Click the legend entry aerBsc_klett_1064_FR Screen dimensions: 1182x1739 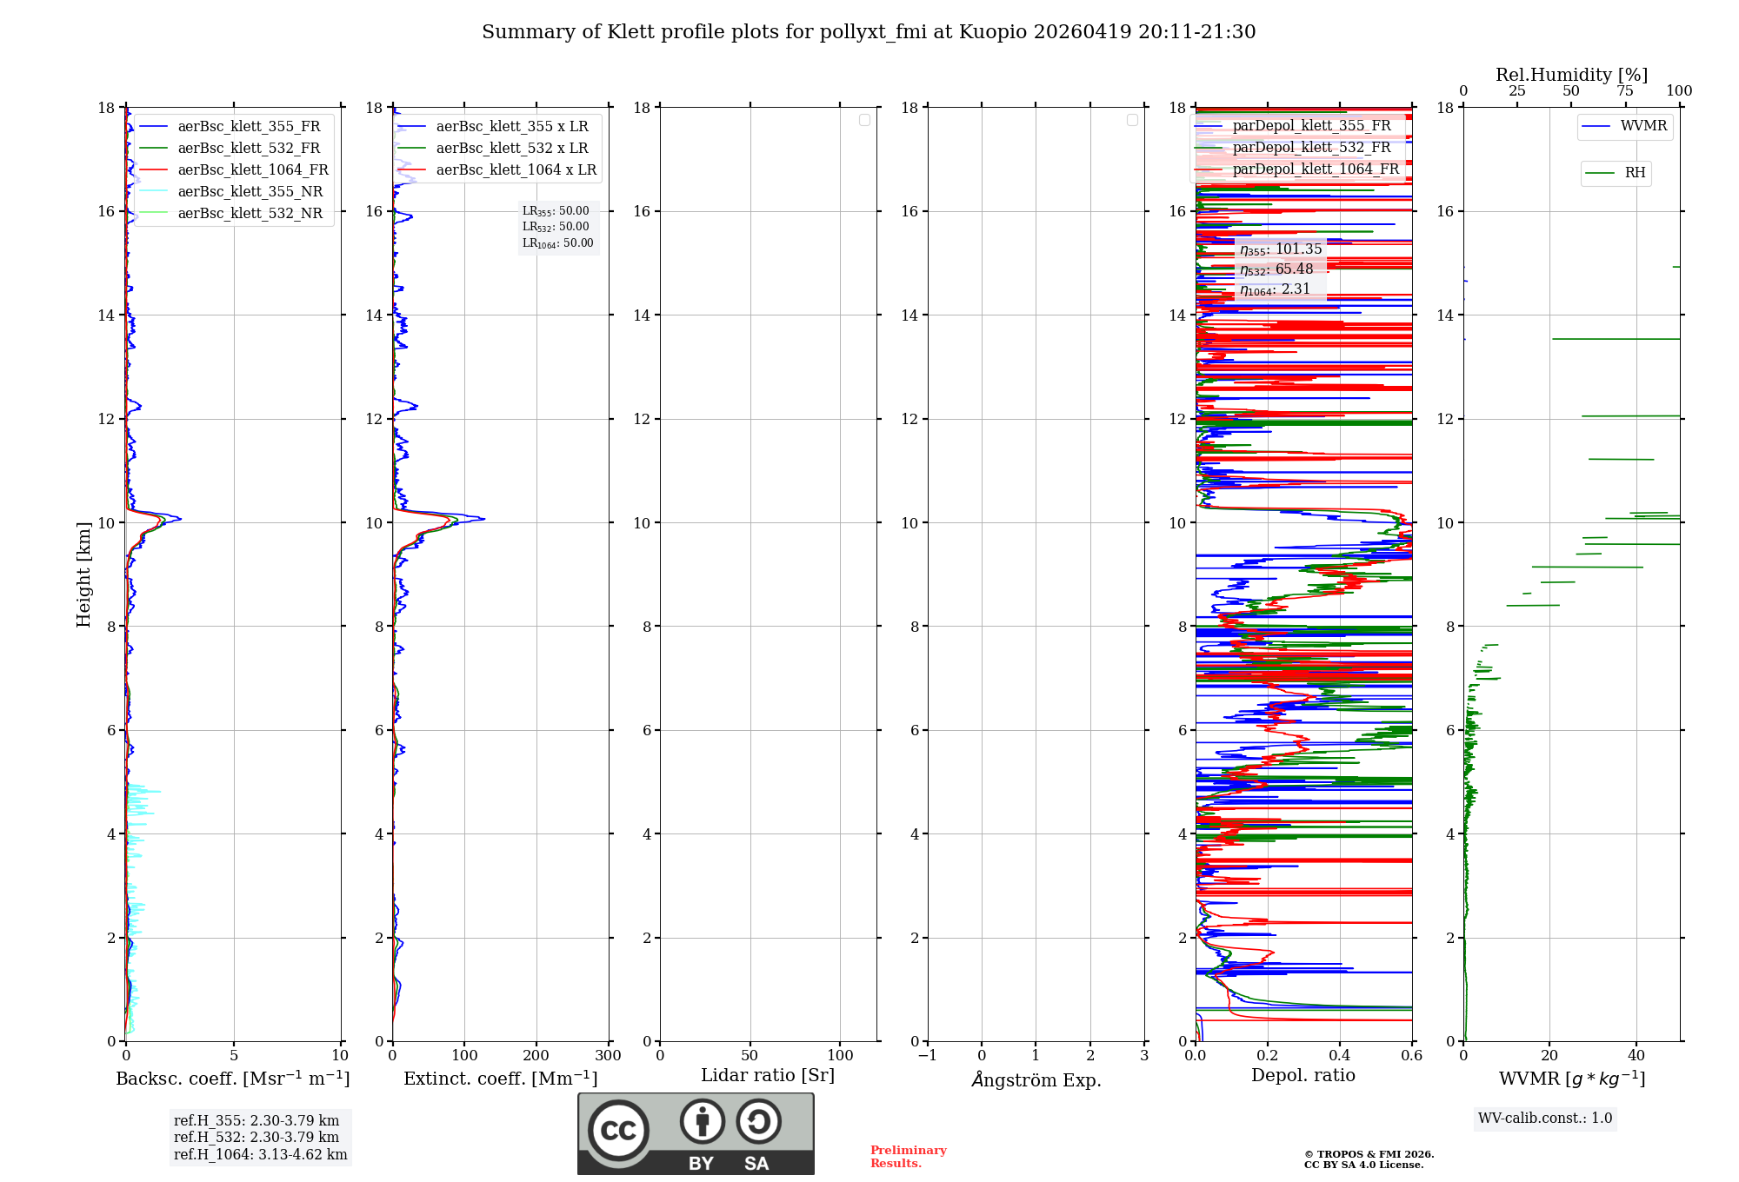click(x=252, y=169)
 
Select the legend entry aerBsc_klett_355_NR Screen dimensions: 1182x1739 click(x=250, y=191)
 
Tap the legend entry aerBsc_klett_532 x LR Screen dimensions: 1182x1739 click(x=511, y=148)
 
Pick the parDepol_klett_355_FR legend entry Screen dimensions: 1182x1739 click(x=1311, y=125)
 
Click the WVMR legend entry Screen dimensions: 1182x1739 click(x=1643, y=125)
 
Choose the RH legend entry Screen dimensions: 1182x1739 click(x=1635, y=173)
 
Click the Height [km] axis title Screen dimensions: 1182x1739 click(x=83, y=574)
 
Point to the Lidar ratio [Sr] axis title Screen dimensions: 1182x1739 click(x=768, y=1075)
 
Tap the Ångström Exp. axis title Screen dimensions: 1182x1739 click(x=1036, y=1079)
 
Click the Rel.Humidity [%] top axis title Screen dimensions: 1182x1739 click(x=1571, y=75)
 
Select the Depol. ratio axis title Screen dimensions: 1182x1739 click(x=1303, y=1075)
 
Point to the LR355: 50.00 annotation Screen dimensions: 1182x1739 click(x=556, y=211)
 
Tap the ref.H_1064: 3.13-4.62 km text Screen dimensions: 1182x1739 click(x=260, y=1154)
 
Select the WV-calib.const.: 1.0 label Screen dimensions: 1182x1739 click(x=1545, y=1118)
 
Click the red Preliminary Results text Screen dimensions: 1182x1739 click(x=908, y=1156)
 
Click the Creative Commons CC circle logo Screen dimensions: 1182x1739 click(x=618, y=1131)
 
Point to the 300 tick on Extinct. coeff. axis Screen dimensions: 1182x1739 click(x=609, y=1055)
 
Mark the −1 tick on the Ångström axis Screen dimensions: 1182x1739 click(x=928, y=1055)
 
